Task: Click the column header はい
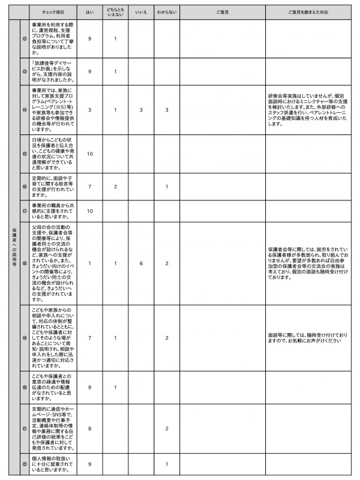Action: click(89, 11)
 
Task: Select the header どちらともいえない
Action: click(115, 11)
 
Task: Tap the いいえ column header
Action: click(140, 11)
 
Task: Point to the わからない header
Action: click(166, 11)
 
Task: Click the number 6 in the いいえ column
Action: click(140, 263)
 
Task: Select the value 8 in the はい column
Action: click(89, 428)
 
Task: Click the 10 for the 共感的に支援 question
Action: click(89, 211)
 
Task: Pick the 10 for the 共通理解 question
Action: click(89, 154)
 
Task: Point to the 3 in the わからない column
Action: click(166, 110)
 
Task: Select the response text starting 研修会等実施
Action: click(305, 110)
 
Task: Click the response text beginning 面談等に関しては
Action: click(305, 338)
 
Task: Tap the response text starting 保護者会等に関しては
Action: click(305, 263)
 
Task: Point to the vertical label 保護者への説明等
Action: click(14, 248)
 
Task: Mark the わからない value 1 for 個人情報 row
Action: click(166, 464)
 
